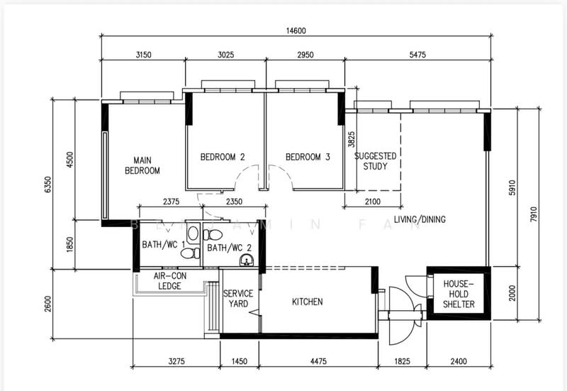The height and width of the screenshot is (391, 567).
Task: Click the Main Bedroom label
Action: (142, 165)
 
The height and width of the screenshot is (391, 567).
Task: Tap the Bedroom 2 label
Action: (223, 158)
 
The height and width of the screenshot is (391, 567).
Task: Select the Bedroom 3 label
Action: (308, 158)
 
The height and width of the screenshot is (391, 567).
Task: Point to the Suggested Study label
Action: (375, 161)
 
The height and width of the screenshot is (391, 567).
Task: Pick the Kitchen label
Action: (307, 302)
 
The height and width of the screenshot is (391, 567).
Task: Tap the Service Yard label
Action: (235, 299)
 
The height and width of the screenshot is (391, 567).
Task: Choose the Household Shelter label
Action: (459, 294)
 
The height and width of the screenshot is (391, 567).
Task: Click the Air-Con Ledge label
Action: (170, 281)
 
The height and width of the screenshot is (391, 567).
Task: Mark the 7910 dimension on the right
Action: (541, 210)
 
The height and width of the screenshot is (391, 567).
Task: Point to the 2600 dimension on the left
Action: (47, 304)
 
